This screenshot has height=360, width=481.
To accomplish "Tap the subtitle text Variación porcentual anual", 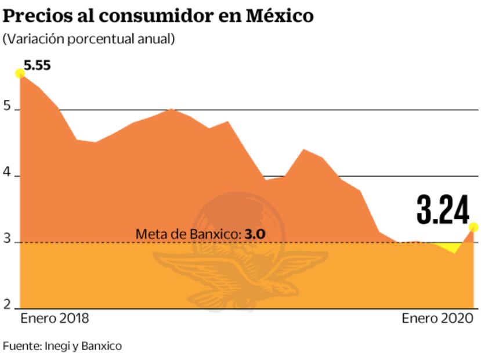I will (x=89, y=39).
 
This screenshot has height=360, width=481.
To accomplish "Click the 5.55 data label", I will (x=37, y=65).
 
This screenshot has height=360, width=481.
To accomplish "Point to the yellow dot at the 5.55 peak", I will (x=20, y=73).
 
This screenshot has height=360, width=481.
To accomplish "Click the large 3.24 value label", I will (x=443, y=210).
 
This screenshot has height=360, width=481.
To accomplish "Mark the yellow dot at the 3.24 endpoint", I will (x=473, y=227).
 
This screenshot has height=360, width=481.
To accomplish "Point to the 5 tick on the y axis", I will (x=7, y=107).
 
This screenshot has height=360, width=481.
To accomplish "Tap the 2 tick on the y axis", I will (x=7, y=305).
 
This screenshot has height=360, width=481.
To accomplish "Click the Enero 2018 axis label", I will (x=55, y=319).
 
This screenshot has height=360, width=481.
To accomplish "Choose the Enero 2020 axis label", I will (x=437, y=319).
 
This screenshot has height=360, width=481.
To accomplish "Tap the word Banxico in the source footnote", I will (x=103, y=346).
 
